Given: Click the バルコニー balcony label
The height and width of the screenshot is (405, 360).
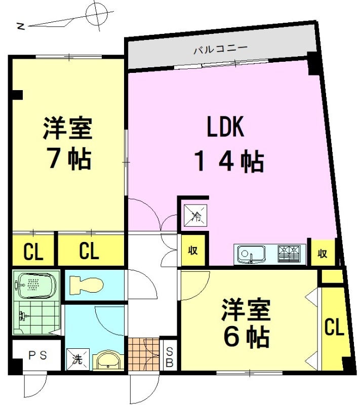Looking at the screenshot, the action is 221,49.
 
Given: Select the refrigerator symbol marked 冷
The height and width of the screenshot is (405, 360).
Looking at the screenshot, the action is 195,215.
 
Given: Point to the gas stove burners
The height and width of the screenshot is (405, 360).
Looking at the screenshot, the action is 289,254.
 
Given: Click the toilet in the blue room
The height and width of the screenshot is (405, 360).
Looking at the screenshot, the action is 87,285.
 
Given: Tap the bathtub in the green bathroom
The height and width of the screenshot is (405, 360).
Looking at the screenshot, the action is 35,285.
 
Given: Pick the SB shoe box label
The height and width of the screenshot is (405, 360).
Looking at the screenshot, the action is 169,357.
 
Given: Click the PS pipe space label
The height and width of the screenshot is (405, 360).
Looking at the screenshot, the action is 37,355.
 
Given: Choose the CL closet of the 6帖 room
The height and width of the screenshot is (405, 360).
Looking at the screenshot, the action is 334,327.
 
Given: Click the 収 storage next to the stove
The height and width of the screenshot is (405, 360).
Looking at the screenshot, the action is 323,253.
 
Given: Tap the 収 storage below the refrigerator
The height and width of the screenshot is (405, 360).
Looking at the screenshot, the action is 193,250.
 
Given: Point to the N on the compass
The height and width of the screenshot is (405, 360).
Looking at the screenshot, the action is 20,26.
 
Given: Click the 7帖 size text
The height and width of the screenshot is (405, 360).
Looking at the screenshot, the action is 70,158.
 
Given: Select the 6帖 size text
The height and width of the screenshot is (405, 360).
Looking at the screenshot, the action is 246,337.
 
